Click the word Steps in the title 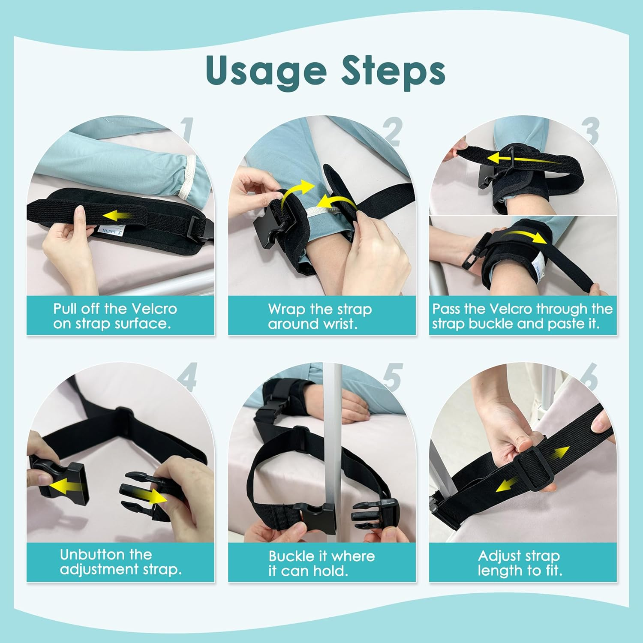[393, 70]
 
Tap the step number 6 [589, 376]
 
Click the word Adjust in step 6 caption [498, 556]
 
